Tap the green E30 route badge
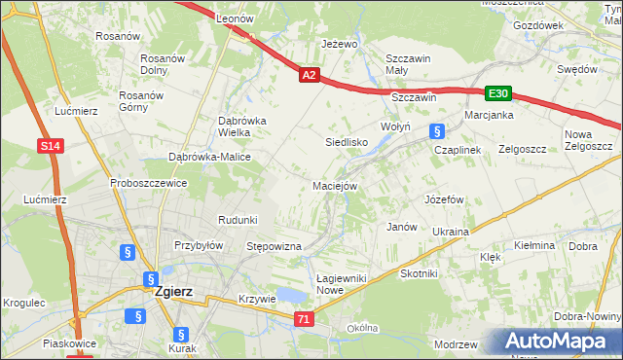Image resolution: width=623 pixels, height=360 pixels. (x=498, y=93)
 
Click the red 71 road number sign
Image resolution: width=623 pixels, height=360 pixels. (x=306, y=318)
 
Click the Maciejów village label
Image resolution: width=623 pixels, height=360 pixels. (x=336, y=185)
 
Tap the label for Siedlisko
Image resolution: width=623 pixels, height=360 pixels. (x=345, y=141)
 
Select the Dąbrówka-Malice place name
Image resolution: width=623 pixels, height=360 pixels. (x=209, y=157)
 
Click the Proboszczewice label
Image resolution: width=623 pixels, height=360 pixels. (x=148, y=183)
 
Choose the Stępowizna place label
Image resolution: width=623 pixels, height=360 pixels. (x=275, y=247)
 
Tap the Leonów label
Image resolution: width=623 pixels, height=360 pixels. (x=235, y=18)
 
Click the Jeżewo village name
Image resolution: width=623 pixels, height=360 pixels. (x=340, y=44)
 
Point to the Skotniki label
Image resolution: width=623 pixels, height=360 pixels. (x=420, y=273)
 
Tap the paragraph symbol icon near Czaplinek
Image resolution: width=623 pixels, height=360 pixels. (x=437, y=130)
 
